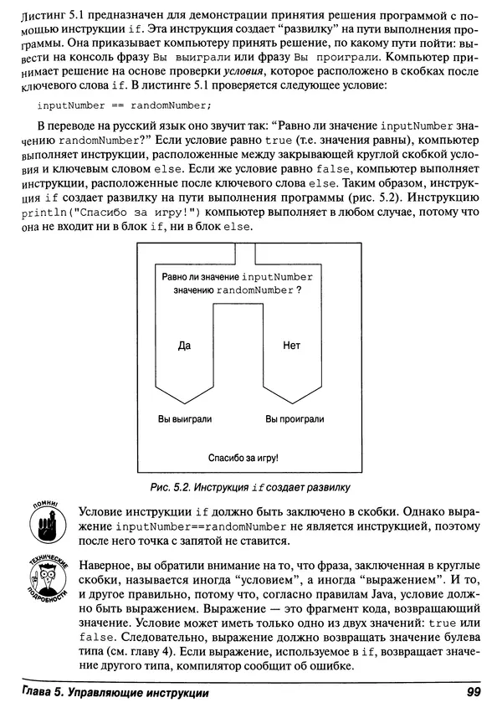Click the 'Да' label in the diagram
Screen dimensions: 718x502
185,345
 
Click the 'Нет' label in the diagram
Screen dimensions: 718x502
291,345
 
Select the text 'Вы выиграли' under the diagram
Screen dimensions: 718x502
185,418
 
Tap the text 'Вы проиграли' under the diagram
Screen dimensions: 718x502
295,418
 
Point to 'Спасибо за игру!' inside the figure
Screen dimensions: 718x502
243,459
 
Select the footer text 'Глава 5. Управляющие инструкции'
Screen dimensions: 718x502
115,692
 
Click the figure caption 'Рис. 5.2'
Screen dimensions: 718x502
172,486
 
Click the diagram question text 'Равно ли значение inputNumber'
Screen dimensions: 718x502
236,276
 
